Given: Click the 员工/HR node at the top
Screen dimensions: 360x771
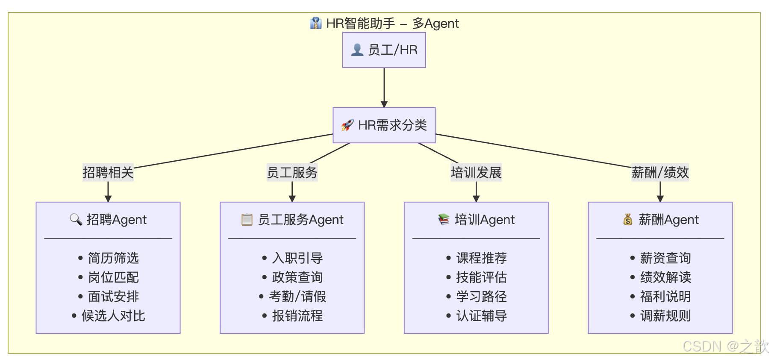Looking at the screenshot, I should coord(384,50).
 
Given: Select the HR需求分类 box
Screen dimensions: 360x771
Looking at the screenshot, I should coord(384,125).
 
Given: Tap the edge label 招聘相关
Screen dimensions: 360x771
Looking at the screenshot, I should coord(108,173).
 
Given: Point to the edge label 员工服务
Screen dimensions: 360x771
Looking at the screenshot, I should coord(292,173).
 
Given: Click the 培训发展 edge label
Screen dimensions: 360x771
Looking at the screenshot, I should coord(476,173).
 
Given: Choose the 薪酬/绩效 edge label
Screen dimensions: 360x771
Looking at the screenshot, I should coord(660,173).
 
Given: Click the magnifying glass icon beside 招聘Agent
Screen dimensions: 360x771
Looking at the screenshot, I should coord(76,219).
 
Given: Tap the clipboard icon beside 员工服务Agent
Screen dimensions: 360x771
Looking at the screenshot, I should coord(247,219).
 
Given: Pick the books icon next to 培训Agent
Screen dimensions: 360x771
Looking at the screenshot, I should coord(444,219).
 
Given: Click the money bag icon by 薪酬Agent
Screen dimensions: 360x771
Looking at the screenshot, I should coord(627,220).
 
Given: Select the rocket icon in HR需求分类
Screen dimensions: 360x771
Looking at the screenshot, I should coord(347,125).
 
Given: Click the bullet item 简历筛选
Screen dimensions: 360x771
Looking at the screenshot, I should coord(113,258).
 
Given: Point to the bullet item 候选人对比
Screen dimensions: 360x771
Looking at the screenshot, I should coord(113,316).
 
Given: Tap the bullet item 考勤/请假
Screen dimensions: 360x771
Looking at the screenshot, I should coord(297,297).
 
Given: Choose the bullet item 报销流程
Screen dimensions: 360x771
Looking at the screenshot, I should coord(297,316).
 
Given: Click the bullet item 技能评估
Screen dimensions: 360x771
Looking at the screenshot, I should coord(481,277).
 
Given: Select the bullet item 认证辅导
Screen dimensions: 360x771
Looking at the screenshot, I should coord(481,316).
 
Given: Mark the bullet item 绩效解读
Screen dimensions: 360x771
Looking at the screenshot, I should coord(665,277).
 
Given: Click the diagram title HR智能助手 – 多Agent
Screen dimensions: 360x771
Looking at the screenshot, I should coord(392,24).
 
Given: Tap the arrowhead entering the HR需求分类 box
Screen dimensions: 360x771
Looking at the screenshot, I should coord(384,104).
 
